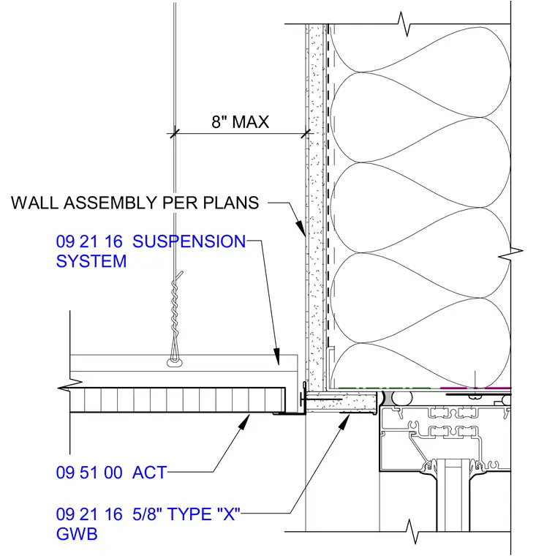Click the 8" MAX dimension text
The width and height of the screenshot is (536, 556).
tap(241, 122)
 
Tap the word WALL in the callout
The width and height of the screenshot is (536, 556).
tap(34, 203)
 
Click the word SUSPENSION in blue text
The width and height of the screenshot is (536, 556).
tap(189, 241)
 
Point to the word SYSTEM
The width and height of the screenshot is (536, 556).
tap(91, 261)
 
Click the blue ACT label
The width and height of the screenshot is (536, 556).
tap(149, 473)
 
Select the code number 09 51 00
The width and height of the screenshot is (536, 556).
tap(89, 473)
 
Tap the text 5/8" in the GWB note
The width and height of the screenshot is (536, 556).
tap(147, 514)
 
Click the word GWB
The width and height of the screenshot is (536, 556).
tap(77, 534)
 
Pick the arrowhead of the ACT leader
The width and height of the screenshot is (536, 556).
tap(244, 421)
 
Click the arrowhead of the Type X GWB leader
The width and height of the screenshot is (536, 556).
tap(344, 421)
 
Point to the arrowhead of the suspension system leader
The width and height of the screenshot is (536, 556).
tap(276, 356)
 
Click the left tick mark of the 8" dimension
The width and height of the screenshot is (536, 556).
tap(173, 134)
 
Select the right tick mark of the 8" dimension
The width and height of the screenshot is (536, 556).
tap(306, 134)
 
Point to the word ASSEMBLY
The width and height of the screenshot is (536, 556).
tap(110, 203)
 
